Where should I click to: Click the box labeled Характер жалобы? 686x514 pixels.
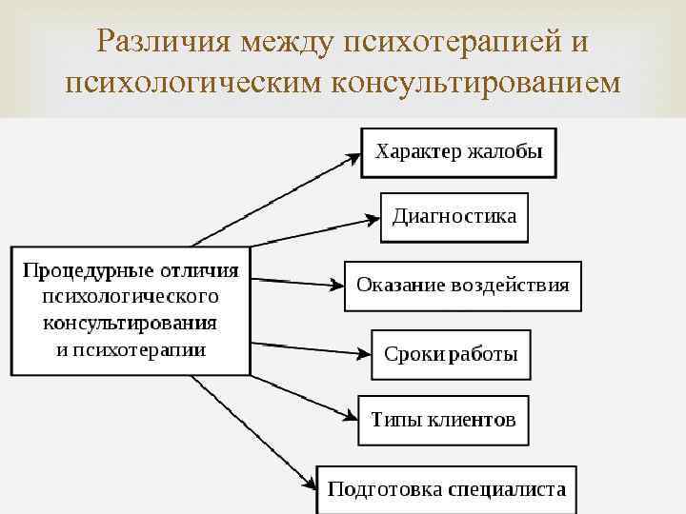click(x=458, y=152)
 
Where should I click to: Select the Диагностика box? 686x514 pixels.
click(x=454, y=216)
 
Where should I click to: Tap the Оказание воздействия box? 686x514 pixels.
click(x=462, y=285)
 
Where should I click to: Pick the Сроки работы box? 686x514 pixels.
click(x=451, y=355)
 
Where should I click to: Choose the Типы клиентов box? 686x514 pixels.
click(x=443, y=419)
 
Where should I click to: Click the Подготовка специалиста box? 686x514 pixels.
click(x=446, y=490)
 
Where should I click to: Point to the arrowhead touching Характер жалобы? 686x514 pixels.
click(x=352, y=157)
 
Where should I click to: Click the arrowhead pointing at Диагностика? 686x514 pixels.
click(x=372, y=221)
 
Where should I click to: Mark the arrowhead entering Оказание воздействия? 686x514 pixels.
click(x=335, y=284)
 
